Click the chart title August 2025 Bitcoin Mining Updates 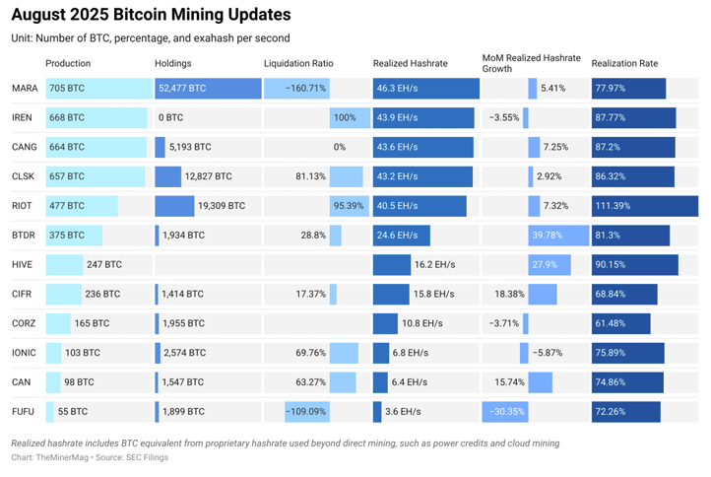point(151,15)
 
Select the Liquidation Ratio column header point(298,64)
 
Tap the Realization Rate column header point(624,64)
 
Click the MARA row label point(25,89)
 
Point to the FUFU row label point(25,411)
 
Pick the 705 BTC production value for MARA point(68,89)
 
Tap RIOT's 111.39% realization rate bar point(644,206)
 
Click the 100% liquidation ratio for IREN point(345,118)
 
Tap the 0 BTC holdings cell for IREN point(171,118)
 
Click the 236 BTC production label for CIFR point(103,294)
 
